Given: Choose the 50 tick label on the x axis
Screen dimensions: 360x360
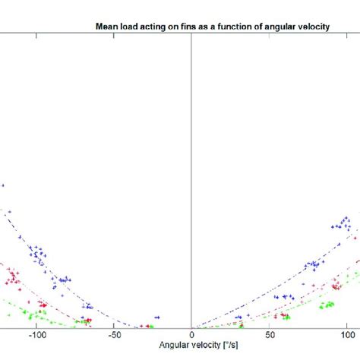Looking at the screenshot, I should point(269,334).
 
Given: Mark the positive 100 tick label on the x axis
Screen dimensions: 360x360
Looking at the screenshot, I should point(346,334).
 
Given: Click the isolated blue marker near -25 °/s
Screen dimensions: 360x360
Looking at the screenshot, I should point(157,317).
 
